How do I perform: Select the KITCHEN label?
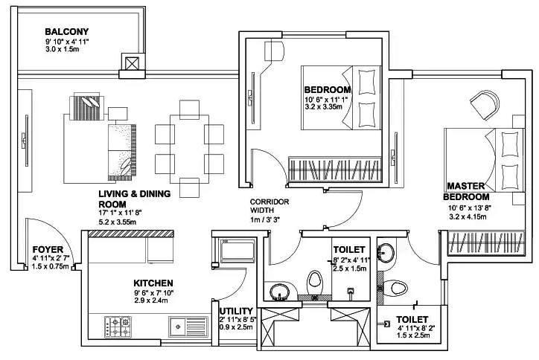(x=153, y=283)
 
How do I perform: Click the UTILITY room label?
(x=235, y=311)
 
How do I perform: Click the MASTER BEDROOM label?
(x=467, y=190)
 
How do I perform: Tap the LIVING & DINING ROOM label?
(x=135, y=199)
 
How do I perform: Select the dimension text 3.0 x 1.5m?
(x=66, y=51)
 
